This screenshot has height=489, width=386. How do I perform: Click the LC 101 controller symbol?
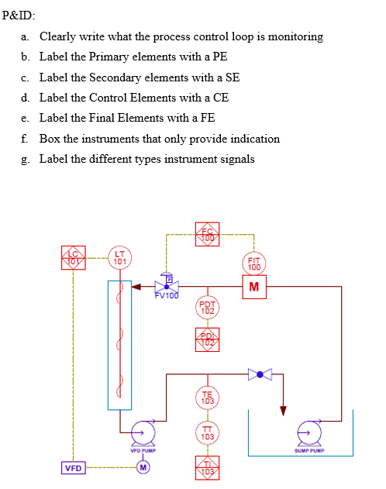point(73,257)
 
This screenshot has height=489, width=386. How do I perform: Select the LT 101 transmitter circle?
point(119,258)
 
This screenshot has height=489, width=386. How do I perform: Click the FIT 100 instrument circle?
point(255,263)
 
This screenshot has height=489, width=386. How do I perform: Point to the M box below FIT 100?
point(255,288)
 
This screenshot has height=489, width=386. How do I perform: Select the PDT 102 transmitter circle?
point(207,308)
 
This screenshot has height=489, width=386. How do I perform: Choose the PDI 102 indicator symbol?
point(207,338)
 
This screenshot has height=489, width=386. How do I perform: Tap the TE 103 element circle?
point(207,398)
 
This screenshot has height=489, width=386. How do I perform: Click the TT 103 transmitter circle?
point(207,433)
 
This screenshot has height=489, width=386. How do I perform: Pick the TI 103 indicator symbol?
point(207,467)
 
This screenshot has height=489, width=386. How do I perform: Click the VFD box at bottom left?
point(73,467)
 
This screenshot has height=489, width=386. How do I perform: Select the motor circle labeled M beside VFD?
point(143,467)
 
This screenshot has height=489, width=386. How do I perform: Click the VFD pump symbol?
point(143,432)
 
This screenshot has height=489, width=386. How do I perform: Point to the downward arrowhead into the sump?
point(284,410)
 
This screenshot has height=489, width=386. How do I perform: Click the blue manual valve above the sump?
point(260,374)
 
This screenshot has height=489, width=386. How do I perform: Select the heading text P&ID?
point(19,15)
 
